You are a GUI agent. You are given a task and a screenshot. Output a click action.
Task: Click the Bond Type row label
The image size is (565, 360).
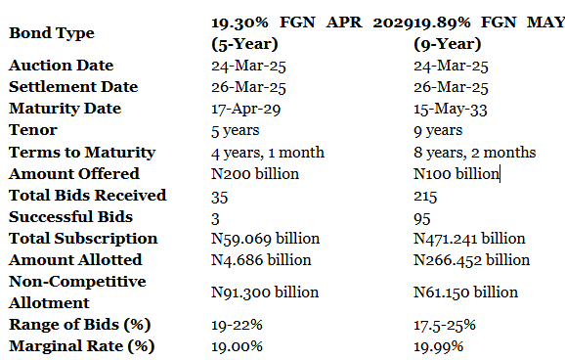click(x=52, y=33)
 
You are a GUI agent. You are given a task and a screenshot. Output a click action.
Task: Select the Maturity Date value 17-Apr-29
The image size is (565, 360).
click(x=245, y=109)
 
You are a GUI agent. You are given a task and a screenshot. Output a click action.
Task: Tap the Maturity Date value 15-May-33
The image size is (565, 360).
click(x=451, y=109)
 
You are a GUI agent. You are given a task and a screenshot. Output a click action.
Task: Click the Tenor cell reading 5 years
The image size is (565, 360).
click(x=235, y=130)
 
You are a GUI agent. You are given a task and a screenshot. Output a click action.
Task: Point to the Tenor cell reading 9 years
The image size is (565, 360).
click(x=438, y=130)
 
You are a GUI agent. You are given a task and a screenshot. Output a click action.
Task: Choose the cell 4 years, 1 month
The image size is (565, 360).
click(x=268, y=153)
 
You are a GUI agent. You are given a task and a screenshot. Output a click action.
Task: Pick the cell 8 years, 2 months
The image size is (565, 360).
click(x=474, y=153)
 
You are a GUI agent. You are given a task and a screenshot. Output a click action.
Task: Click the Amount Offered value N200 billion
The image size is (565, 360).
click(x=255, y=174)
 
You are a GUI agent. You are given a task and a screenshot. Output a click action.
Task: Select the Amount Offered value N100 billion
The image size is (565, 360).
click(x=456, y=174)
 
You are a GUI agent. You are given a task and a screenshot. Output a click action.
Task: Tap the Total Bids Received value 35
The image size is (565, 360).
click(x=219, y=197)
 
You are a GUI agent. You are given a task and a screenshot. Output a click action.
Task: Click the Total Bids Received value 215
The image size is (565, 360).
click(x=425, y=197)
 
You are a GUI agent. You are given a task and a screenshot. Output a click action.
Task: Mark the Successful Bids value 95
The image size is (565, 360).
click(x=422, y=218)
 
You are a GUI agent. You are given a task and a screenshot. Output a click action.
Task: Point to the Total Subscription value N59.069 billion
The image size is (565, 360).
click(x=265, y=239)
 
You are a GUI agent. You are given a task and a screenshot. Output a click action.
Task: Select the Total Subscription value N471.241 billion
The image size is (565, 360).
click(x=469, y=239)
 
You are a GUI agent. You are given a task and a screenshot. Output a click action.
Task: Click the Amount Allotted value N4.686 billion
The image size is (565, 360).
click(x=261, y=260)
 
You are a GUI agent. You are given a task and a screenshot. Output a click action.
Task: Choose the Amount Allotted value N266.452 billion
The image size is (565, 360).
click(x=472, y=260)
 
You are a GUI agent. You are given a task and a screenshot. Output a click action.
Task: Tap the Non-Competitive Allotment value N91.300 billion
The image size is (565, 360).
click(x=265, y=292)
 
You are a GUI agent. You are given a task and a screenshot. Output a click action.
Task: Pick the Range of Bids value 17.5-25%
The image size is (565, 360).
click(x=445, y=326)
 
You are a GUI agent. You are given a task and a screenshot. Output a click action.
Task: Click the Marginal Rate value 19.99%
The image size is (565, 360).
click(x=439, y=347)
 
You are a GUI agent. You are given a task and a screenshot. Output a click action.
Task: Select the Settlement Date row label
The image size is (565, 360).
click(x=73, y=87)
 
